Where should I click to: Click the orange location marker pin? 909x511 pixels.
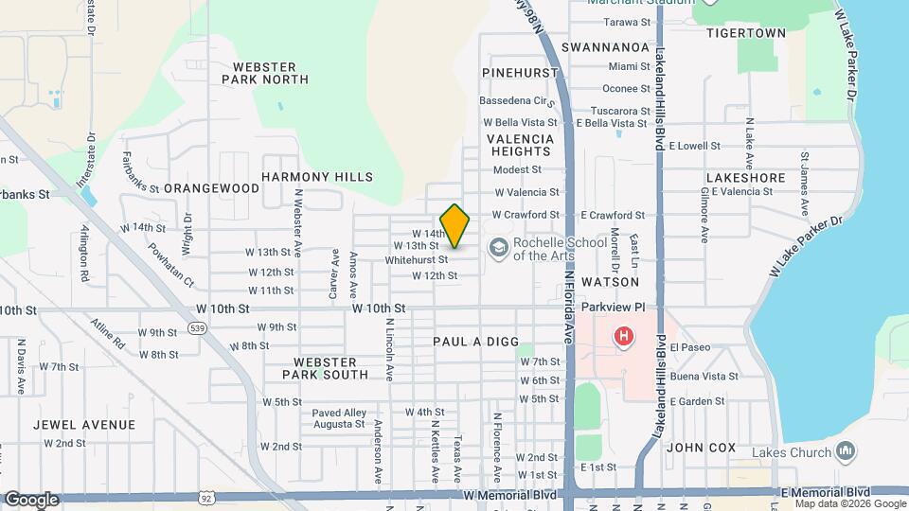pyautogui.click(x=455, y=225)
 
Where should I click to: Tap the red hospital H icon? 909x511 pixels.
pyautogui.click(x=623, y=336)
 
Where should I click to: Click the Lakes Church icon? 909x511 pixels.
pyautogui.click(x=846, y=451)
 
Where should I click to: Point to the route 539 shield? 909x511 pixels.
pyautogui.click(x=197, y=327)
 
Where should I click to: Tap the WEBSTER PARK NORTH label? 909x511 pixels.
pyautogui.click(x=265, y=74)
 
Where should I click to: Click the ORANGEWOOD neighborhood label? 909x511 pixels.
pyautogui.click(x=211, y=188)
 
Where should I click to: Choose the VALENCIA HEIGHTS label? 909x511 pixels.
pyautogui.click(x=520, y=145)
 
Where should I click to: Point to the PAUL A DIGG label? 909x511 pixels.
pyautogui.click(x=472, y=341)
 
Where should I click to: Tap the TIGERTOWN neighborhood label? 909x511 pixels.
pyautogui.click(x=746, y=33)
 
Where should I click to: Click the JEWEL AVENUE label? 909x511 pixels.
pyautogui.click(x=83, y=425)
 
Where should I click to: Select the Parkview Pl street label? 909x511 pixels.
pyautogui.click(x=613, y=308)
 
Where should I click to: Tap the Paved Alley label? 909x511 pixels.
pyautogui.click(x=339, y=413)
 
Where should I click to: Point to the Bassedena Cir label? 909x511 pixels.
pyautogui.click(x=515, y=100)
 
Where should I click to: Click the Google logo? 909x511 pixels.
pyautogui.click(x=30, y=500)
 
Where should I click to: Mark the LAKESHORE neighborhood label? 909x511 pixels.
pyautogui.click(x=745, y=177)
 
